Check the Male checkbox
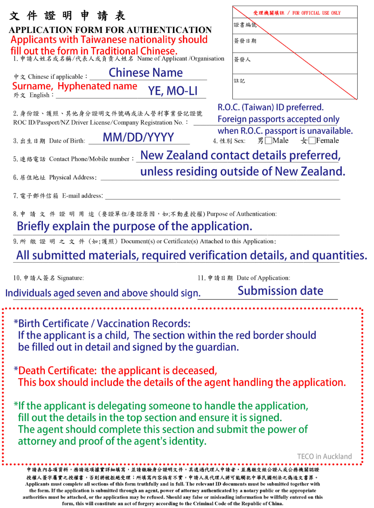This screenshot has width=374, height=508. coord(269,140)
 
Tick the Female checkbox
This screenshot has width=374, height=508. coord(312,140)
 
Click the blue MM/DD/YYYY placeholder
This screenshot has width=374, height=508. coord(138,137)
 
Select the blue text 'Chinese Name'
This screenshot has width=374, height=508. coord(146,73)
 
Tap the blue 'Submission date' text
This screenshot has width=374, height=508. coord(280,291)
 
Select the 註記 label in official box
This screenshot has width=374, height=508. coord(240,81)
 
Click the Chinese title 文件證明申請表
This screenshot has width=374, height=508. coord(67,16)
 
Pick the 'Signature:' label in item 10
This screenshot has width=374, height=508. coord(70,277)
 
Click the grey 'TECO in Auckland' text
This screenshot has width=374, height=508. coord(324,456)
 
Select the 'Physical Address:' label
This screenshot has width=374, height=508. coord(73,177)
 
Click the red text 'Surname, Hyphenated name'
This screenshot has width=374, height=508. coord(75,86)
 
